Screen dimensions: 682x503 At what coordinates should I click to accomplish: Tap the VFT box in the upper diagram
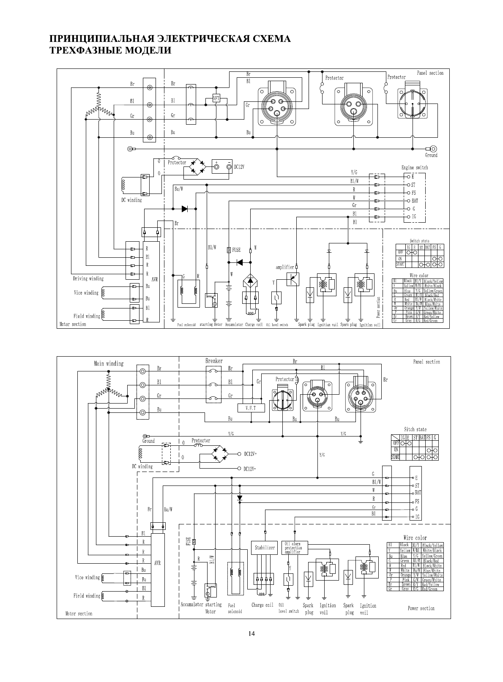pos(216,98)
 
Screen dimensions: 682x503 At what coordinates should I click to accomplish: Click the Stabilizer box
pos(265,548)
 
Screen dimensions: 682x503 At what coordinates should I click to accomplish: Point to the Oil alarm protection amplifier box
pos(294,548)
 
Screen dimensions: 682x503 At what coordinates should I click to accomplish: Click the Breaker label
pos(214,361)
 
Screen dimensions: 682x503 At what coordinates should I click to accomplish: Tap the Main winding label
pos(109,363)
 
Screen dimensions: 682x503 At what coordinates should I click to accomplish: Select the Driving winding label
pos(88,279)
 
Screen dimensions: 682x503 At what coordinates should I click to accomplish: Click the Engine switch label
pos(415,168)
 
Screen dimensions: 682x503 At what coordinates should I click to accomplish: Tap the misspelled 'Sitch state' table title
pos(415,429)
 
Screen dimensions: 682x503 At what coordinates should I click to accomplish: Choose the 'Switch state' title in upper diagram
pos(419,241)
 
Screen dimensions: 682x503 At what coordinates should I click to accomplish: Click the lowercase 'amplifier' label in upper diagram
pos(285,267)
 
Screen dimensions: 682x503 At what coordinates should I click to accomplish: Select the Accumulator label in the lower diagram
pos(192,605)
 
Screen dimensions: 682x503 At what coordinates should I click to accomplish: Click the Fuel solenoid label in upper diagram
pos(186,325)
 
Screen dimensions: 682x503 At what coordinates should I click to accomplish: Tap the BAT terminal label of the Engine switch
pos(415,201)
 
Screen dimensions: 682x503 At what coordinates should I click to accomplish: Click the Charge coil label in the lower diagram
pos(262,605)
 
